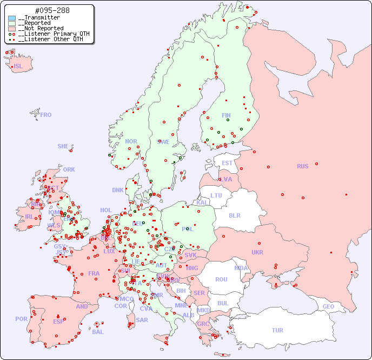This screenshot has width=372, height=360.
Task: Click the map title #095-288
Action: (51, 11)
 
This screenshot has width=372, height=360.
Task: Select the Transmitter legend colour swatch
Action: (12, 18)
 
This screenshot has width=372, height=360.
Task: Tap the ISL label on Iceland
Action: (18, 67)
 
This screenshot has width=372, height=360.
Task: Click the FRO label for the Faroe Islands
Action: (46, 115)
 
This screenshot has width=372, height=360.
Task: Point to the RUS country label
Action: (302, 166)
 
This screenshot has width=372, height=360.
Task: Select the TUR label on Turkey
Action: (277, 330)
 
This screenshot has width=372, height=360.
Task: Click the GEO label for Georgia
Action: (328, 306)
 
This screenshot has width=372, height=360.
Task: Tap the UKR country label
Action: (257, 252)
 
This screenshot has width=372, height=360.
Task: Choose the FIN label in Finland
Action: (226, 115)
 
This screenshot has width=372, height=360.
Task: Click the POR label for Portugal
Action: (21, 319)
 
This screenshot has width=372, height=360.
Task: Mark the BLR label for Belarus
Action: (234, 215)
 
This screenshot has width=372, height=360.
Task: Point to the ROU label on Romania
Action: (221, 279)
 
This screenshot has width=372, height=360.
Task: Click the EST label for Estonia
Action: (227, 163)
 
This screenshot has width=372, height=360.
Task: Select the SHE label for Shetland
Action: (63, 146)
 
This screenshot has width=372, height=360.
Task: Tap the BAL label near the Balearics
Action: (98, 332)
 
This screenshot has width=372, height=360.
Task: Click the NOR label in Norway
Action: (131, 141)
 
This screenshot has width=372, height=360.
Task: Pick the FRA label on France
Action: (94, 273)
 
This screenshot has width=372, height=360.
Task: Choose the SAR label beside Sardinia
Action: (142, 320)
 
